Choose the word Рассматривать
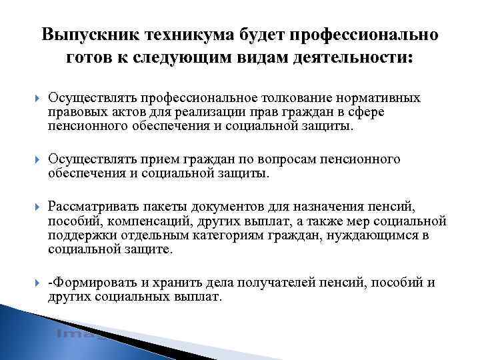coord(89,207)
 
